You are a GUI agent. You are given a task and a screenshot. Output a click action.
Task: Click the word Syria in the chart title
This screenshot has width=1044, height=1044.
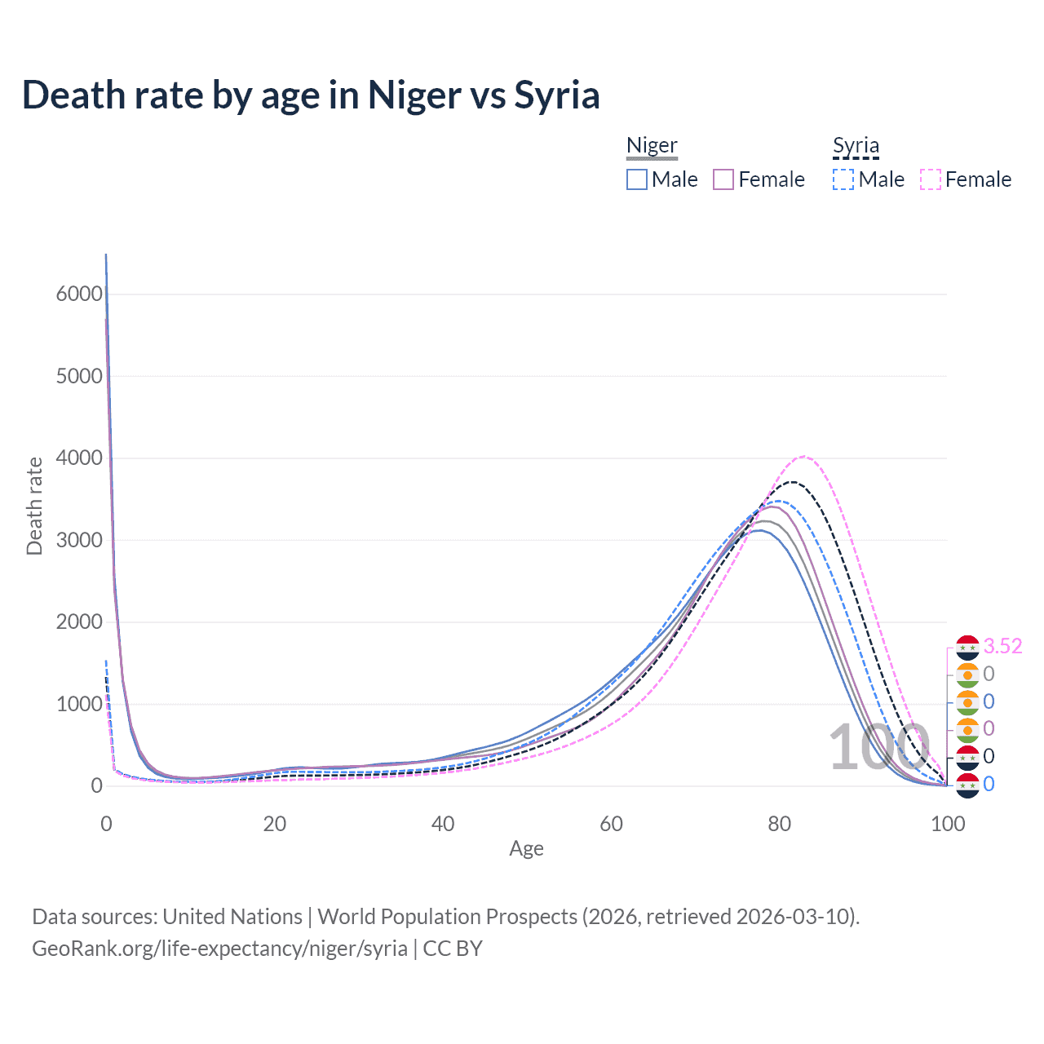(x=556, y=95)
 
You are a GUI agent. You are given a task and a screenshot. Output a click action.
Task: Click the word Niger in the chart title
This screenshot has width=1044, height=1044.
(x=414, y=95)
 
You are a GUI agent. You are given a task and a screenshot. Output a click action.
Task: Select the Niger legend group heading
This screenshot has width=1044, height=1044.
(x=652, y=146)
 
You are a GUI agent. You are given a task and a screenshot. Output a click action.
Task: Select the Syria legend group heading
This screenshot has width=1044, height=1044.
(x=856, y=146)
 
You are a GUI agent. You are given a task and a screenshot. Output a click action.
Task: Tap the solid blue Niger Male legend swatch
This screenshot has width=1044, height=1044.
(x=637, y=179)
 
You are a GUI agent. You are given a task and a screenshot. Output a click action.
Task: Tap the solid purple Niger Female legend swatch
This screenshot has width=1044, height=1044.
(x=723, y=179)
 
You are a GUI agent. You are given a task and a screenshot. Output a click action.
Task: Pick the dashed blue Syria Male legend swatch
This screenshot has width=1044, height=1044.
(x=843, y=179)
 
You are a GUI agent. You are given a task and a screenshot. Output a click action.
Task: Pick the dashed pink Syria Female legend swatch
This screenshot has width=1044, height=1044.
(x=931, y=179)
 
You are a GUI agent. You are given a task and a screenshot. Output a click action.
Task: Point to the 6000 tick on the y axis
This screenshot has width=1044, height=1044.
(x=79, y=294)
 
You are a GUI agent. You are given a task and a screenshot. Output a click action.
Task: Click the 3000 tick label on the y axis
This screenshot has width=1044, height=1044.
(x=79, y=540)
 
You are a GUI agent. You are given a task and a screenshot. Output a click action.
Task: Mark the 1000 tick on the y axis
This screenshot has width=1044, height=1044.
(x=79, y=704)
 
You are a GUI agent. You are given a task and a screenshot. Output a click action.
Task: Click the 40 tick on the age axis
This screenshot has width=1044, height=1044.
(x=443, y=824)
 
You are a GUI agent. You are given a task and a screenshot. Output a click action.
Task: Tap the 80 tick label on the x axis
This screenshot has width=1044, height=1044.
(x=780, y=824)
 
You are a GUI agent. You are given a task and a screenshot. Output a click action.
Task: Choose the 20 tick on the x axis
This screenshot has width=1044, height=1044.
(x=275, y=824)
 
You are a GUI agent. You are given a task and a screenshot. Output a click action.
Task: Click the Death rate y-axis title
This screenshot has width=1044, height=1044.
(x=34, y=506)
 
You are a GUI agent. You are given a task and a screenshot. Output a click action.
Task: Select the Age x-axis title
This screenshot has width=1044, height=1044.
(x=526, y=849)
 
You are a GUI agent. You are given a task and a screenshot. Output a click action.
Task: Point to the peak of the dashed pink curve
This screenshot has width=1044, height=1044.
(x=803, y=457)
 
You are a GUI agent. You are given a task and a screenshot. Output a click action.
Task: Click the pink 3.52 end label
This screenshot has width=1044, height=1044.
(x=1002, y=646)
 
